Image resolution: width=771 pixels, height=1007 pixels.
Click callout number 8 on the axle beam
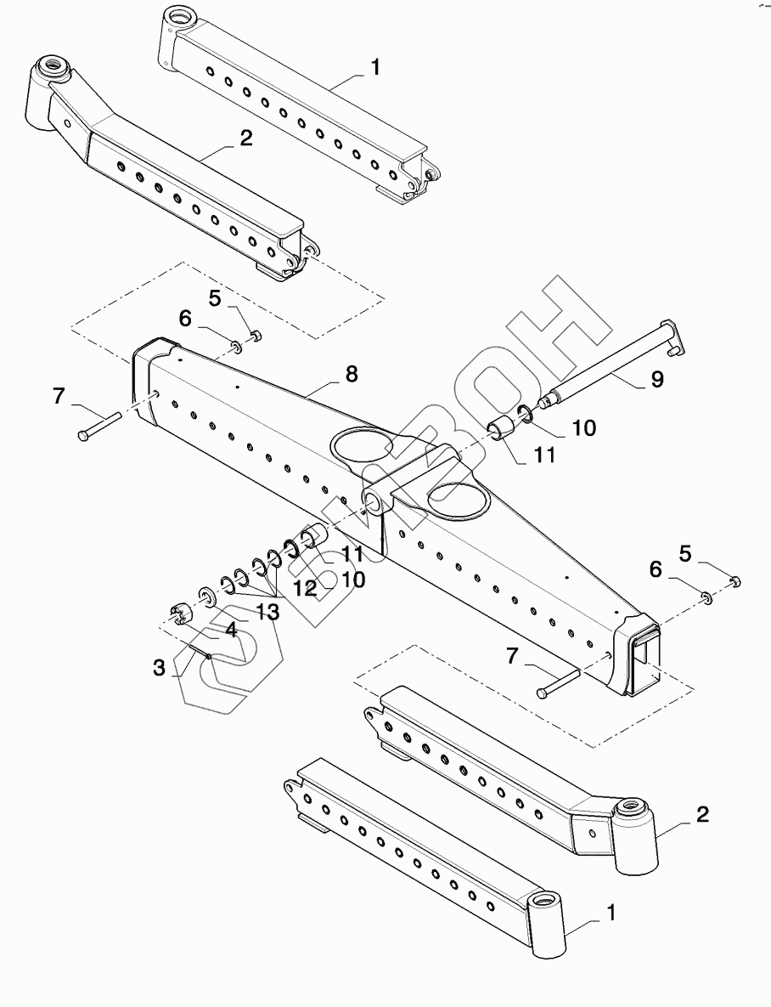pos(351,374)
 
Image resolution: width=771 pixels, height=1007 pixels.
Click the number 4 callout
pos(230,631)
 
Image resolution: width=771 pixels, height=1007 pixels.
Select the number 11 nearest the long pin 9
pos(543,455)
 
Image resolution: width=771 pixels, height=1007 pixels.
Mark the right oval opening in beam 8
pos(459,497)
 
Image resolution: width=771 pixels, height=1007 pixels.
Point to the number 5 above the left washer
pos(215,298)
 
